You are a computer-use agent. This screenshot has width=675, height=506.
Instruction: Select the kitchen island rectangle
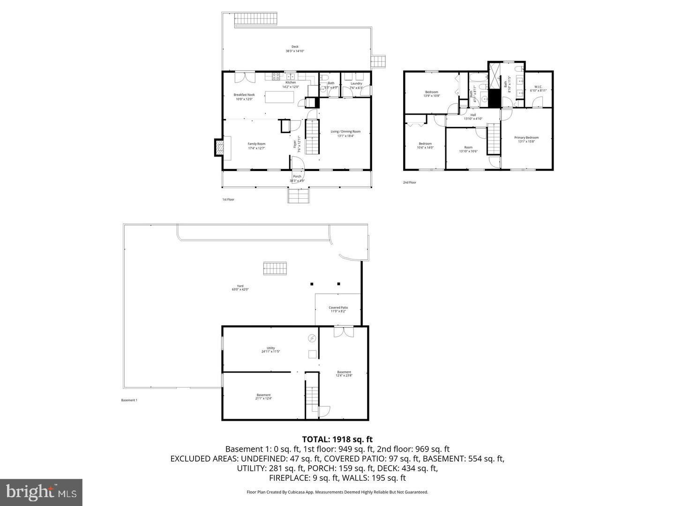pos(280,97)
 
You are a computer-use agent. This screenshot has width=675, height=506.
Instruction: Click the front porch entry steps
pos(299,195)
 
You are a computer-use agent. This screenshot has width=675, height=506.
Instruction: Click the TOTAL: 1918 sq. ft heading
pos(337,439)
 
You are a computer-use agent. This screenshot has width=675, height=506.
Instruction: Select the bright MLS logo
pos(41,492)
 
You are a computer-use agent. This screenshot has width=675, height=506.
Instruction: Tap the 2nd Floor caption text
pos(409,183)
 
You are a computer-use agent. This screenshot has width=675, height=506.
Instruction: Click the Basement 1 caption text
pos(129,400)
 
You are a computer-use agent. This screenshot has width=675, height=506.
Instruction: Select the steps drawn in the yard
pos(274,268)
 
